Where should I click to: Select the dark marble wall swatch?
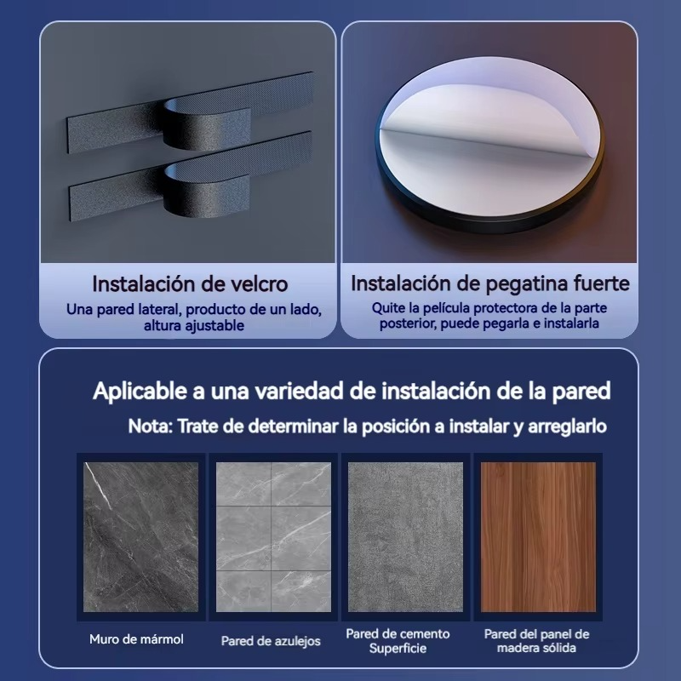click(140, 537)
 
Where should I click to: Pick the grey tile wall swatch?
click(273, 537)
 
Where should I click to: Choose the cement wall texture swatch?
click(405, 537)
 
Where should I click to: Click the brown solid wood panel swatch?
click(538, 537)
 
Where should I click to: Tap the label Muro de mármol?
click(136, 639)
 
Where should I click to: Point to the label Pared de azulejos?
click(271, 641)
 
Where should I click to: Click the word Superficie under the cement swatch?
click(398, 649)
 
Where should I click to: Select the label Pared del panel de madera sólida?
click(536, 641)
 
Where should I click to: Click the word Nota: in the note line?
click(151, 426)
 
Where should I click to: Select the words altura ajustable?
click(194, 325)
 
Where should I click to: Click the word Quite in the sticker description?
click(386, 308)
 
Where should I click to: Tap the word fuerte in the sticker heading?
click(602, 283)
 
